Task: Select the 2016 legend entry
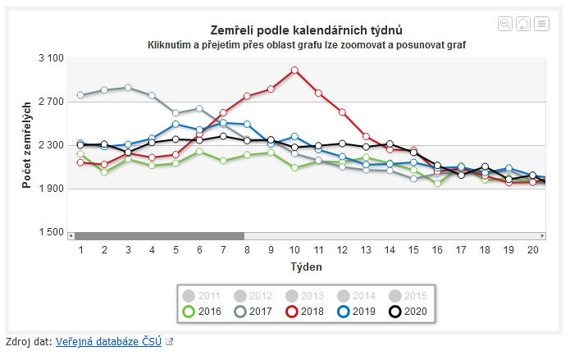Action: pyautogui.click(x=201, y=311)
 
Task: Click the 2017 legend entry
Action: pyautogui.click(x=252, y=311)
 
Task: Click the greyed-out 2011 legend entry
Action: pyautogui.click(x=201, y=295)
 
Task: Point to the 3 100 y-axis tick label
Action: pyautogui.click(x=51, y=58)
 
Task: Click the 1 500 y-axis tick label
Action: pyautogui.click(x=51, y=232)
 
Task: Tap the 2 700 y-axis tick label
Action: pyautogui.click(x=51, y=102)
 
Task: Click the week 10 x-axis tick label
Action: pyautogui.click(x=294, y=249)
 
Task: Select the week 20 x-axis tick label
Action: pyautogui.click(x=532, y=249)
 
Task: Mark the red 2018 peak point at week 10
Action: pyautogui.click(x=294, y=70)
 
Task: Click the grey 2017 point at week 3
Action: pyautogui.click(x=128, y=87)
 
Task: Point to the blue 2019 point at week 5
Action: pyautogui.click(x=176, y=124)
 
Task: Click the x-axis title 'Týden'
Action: pyautogui.click(x=306, y=267)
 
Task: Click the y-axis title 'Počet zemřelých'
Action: pyautogui.click(x=27, y=145)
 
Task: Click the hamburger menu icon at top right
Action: pyautogui.click(x=541, y=24)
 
